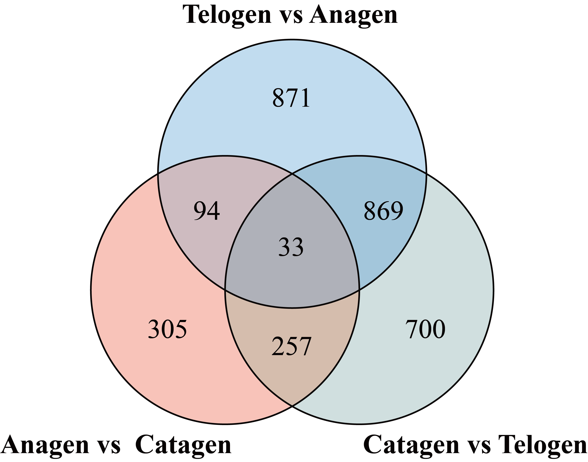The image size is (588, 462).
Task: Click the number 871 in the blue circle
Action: [291, 98]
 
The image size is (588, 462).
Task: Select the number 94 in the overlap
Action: [207, 211]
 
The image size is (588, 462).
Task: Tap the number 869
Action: [383, 211]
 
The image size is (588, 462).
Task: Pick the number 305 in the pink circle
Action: [167, 329]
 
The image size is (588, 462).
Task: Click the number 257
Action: [291, 346]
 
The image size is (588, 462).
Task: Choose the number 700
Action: [425, 329]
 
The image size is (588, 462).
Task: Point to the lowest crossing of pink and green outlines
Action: [292, 406]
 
